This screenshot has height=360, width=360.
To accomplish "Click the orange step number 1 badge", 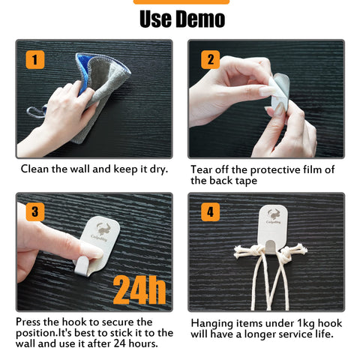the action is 35,60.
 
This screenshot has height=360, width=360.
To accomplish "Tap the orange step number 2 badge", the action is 211,60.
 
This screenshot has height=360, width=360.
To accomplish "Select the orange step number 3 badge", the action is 35,212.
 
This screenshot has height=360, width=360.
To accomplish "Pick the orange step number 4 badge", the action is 211,212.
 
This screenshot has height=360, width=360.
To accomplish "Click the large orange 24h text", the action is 139,290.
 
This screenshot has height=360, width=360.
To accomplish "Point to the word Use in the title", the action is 155,19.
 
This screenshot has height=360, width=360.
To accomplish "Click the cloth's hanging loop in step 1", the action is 37,112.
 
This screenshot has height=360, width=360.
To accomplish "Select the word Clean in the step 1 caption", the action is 34,169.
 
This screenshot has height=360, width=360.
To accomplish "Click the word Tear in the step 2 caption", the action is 202,169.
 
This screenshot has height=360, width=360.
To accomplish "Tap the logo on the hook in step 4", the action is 274,216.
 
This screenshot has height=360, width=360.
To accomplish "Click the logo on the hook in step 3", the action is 102,232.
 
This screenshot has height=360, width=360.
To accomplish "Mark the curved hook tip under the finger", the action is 82,266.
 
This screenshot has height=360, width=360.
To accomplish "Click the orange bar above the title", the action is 181,2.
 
